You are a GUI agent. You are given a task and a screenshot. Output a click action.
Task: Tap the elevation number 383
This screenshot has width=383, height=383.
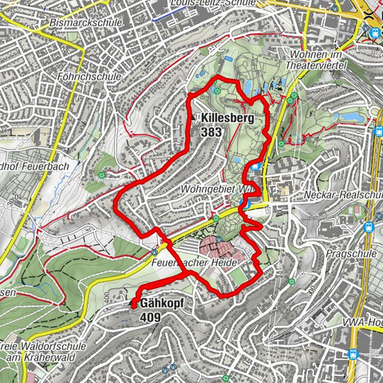[212, 132]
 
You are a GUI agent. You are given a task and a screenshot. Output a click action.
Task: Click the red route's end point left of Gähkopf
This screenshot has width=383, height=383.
[132, 304]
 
